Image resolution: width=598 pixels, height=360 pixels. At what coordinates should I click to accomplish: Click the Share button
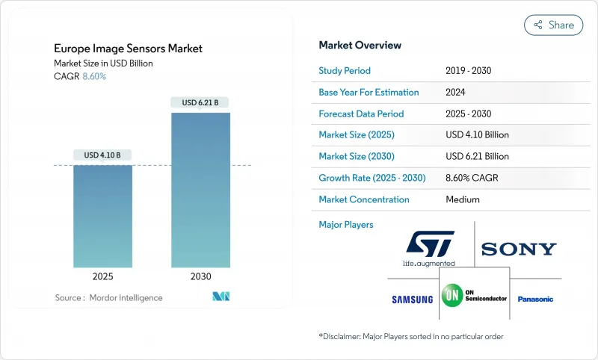tap(553, 25)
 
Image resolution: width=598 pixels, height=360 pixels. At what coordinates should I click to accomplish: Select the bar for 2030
tap(200, 190)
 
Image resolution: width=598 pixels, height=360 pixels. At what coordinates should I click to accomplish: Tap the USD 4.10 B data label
tap(102, 155)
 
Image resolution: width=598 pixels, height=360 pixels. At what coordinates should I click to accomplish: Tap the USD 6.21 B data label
tap(200, 102)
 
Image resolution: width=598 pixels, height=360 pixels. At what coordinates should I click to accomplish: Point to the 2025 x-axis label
tap(102, 276)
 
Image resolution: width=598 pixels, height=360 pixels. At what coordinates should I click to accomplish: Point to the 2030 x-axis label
tap(200, 276)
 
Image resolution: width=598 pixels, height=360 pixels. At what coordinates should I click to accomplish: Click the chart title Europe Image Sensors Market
tap(128, 49)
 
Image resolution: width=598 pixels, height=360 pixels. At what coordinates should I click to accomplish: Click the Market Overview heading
tap(360, 45)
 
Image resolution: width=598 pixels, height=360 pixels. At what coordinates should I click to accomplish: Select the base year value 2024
tap(456, 93)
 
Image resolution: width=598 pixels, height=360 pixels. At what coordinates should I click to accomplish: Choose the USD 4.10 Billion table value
tap(476, 135)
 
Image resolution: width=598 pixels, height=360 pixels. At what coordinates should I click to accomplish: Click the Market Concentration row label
tap(364, 199)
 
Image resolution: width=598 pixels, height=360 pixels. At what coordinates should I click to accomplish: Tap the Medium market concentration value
tap(462, 199)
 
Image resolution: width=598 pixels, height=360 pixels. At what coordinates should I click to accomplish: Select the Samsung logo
tap(412, 300)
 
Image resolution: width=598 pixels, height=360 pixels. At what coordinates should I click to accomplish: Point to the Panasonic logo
tap(535, 300)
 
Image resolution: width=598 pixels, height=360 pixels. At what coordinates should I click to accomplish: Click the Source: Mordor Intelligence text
tap(108, 298)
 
